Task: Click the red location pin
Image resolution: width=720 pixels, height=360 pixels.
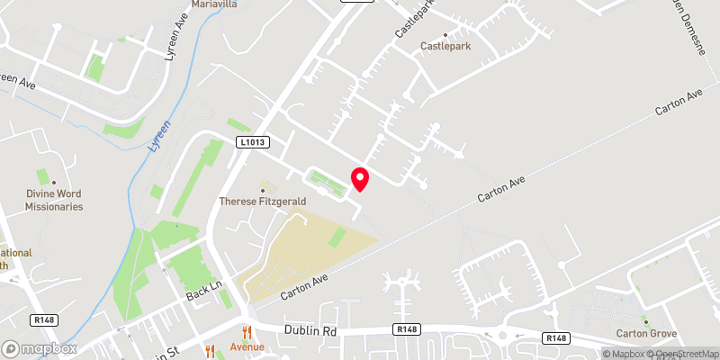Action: pos(359,179)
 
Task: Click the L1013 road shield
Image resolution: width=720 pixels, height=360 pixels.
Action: pos(254,142)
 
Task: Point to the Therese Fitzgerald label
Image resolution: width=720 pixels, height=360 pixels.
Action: pos(263,202)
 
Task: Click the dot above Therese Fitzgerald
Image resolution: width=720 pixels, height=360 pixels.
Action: pos(263,189)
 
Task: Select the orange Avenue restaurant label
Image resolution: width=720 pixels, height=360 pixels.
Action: pos(246,347)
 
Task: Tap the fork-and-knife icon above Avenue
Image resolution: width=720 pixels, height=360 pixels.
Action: pos(246,331)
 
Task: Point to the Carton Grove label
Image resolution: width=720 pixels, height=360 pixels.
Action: pos(645,334)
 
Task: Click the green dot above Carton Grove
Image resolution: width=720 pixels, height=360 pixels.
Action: pos(645,320)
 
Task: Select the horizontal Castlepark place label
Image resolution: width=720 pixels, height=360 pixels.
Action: pos(447,45)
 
